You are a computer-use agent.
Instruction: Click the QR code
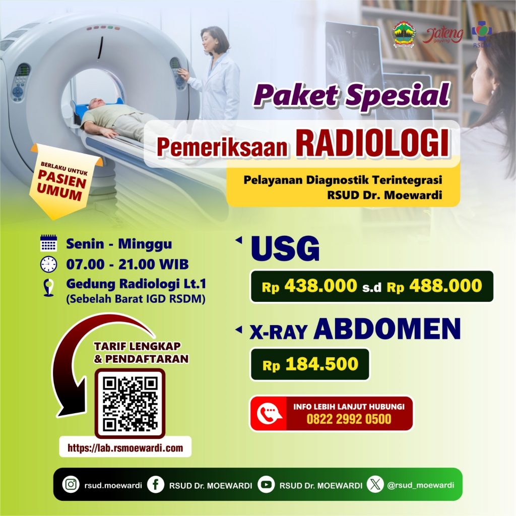point(130,404)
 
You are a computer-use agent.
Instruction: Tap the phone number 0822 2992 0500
point(349,419)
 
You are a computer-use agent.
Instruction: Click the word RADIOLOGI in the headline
point(372,144)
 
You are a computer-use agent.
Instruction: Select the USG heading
point(285,248)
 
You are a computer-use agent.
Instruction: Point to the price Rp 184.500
point(310,364)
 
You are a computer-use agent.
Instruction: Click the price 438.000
point(321,286)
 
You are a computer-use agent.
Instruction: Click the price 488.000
point(445,286)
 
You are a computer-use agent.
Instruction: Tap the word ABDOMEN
point(388,329)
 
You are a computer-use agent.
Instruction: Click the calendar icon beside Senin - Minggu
point(49,243)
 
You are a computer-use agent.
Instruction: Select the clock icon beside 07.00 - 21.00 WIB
point(49,264)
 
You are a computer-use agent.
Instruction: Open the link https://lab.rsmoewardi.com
point(125,447)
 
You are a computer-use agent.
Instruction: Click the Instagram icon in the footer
point(71,484)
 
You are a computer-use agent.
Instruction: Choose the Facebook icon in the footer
point(156,484)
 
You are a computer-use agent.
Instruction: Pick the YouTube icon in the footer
point(266,484)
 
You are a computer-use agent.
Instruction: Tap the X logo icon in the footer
point(375,484)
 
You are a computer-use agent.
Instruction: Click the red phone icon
point(269,414)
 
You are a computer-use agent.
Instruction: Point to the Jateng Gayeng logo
point(442,36)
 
